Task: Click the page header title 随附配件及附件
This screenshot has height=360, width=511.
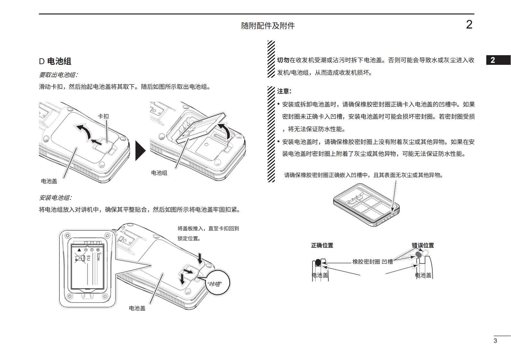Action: click(x=268, y=26)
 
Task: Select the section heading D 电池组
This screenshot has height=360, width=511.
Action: click(x=55, y=61)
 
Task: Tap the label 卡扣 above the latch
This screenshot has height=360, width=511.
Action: click(x=103, y=116)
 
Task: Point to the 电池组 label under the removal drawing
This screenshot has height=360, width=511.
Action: click(x=159, y=173)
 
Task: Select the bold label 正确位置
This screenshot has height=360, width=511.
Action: click(x=322, y=245)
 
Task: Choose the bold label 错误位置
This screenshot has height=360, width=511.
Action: click(x=423, y=245)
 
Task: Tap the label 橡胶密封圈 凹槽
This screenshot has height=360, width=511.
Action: click(x=372, y=262)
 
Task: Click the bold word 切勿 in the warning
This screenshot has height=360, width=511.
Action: click(x=283, y=60)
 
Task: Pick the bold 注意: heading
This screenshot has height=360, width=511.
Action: click(x=284, y=91)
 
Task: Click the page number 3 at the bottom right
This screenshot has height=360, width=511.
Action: click(x=495, y=341)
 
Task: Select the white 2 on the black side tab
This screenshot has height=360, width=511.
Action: click(x=493, y=60)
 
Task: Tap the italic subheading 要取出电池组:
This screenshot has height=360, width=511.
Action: click(x=58, y=75)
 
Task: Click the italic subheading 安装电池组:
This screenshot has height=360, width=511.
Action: click(x=55, y=198)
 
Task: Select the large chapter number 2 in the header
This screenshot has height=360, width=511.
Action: click(x=469, y=25)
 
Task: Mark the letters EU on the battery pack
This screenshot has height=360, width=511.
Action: click(x=89, y=258)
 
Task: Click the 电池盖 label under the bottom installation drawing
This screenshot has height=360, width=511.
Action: click(x=137, y=308)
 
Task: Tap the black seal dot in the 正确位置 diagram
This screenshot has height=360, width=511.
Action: click(x=317, y=262)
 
